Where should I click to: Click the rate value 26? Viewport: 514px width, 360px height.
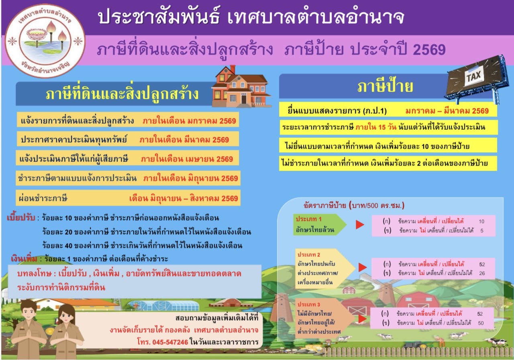coord(482,273)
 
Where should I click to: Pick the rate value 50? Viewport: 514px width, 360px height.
coord(480,323)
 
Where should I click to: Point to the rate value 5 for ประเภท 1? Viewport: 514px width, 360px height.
coord(481,231)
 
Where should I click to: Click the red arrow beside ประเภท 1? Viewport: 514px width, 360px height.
coord(359,225)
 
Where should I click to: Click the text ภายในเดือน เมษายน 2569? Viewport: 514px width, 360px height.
coord(187,159)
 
